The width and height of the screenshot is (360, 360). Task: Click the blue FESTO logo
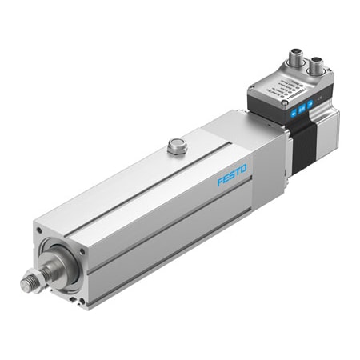pos(233,174)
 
